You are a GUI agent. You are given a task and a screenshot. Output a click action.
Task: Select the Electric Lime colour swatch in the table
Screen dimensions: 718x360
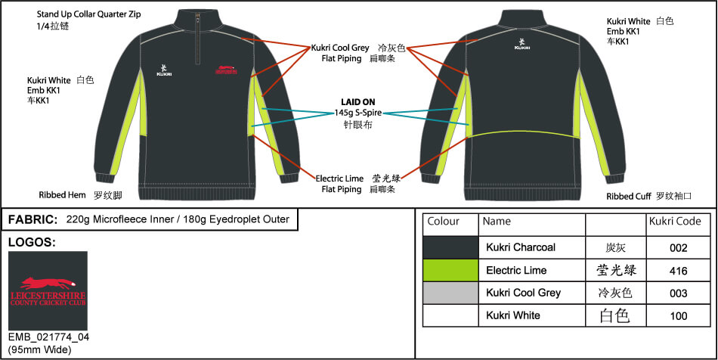click(450, 270)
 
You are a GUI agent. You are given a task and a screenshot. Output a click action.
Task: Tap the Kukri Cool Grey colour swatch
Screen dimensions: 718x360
click(450, 293)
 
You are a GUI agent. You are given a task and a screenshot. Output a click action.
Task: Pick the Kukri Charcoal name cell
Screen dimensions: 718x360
click(521, 247)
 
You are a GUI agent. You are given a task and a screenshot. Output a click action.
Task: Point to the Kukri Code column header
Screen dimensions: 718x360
click(675, 222)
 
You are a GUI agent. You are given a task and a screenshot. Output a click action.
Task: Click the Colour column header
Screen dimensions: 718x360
click(443, 222)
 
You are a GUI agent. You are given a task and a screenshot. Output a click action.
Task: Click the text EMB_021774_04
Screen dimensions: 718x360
click(48, 337)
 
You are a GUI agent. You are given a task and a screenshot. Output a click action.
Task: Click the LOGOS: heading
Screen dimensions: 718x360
click(32, 243)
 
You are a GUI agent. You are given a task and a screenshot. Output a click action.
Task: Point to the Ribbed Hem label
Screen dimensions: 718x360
click(62, 195)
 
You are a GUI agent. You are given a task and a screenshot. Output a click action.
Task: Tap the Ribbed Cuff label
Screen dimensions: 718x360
click(629, 197)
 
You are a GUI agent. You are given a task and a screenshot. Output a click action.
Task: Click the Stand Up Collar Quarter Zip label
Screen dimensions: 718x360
click(89, 14)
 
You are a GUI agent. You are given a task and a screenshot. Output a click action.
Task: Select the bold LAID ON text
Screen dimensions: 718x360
click(357, 101)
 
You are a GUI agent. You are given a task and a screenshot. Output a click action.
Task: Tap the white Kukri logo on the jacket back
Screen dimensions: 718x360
click(521, 44)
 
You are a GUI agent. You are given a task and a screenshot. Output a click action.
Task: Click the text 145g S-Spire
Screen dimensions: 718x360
click(357, 113)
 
